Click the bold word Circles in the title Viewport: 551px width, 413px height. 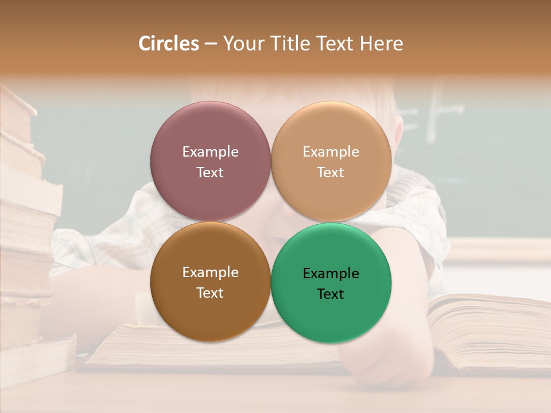tap(168, 44)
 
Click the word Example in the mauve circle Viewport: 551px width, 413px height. tap(210, 152)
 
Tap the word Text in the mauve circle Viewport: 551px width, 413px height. tap(210, 173)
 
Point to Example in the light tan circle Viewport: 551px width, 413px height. tap(331, 152)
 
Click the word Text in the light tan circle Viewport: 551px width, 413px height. tap(331, 173)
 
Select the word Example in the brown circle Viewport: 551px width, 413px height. tap(210, 272)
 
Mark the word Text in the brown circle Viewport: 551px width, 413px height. tap(210, 293)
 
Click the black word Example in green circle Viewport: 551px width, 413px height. tap(331, 274)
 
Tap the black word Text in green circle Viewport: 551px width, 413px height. tap(331, 294)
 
